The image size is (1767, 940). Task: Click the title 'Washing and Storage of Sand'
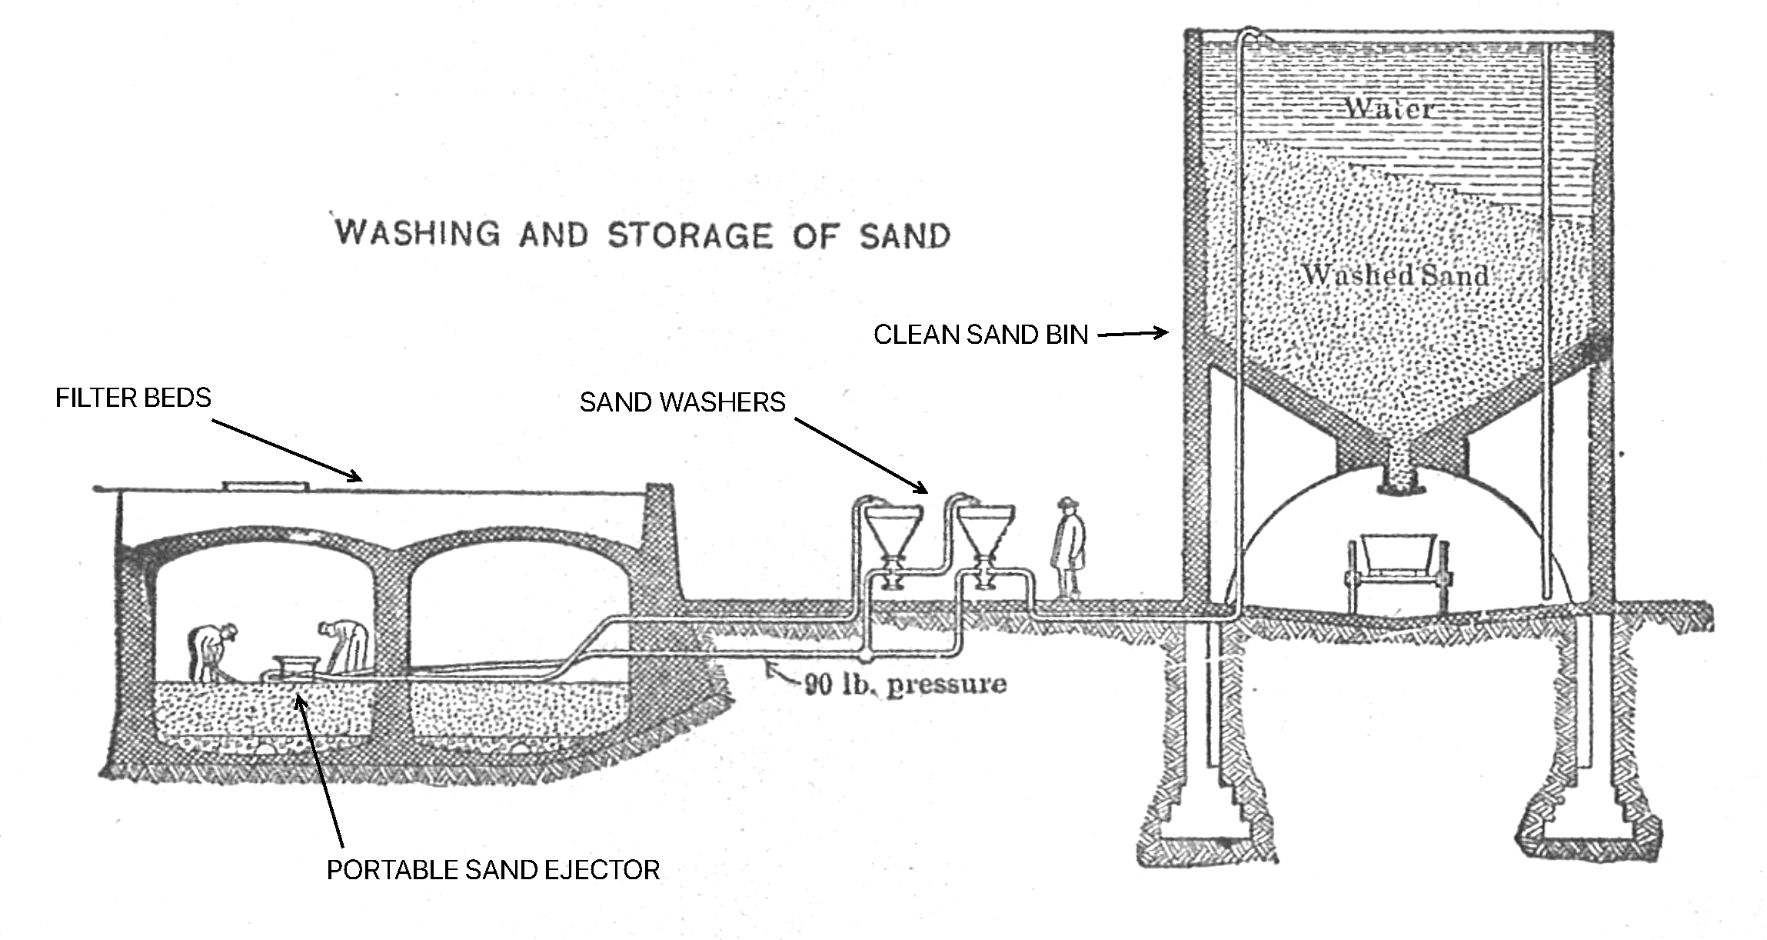click(x=643, y=234)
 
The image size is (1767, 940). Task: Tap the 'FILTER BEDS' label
click(x=133, y=398)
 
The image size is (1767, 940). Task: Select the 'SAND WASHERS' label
click(x=683, y=402)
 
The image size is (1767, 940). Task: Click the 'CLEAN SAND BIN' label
click(x=981, y=335)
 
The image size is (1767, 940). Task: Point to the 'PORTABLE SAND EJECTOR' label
click(x=494, y=870)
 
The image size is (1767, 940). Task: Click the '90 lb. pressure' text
click(x=905, y=684)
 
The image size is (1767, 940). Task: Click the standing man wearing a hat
click(x=1068, y=547)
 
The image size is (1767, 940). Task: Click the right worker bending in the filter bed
click(x=346, y=647)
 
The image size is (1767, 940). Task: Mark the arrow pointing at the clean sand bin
click(x=1133, y=334)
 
